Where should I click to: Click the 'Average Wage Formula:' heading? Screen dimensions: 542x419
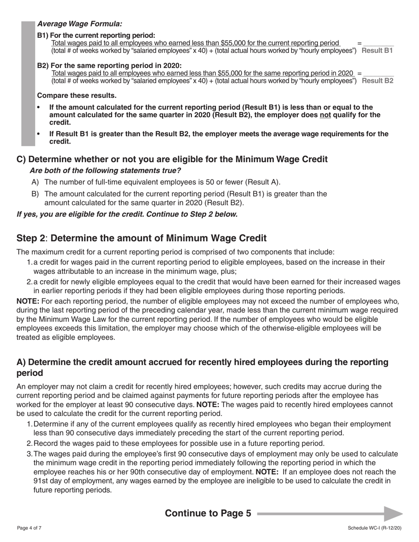80,24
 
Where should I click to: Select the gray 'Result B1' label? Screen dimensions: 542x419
377,51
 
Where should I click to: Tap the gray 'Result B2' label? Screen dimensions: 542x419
378,81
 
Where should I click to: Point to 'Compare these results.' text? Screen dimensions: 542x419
77,96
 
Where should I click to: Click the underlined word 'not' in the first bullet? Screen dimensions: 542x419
325,115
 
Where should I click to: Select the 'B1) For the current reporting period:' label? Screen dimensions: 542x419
96,35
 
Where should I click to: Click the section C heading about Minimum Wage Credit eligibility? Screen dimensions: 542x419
172,159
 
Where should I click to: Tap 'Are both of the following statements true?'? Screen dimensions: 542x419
105,171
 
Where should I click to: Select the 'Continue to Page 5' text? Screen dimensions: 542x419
208,513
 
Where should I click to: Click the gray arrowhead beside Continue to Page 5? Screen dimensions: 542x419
393,514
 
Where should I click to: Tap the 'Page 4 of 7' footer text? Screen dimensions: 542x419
30,528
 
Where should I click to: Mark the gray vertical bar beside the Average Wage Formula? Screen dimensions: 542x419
28,84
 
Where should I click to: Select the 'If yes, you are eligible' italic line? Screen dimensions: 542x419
127,215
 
